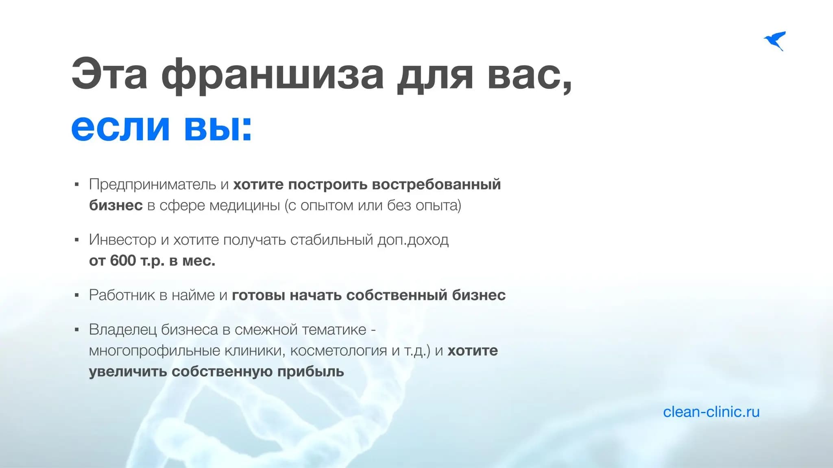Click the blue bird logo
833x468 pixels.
(x=775, y=41)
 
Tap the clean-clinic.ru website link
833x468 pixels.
(x=711, y=412)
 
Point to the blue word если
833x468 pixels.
(x=120, y=128)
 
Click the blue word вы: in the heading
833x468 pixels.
(x=218, y=128)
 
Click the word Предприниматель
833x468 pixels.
(x=153, y=185)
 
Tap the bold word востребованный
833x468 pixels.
(x=436, y=185)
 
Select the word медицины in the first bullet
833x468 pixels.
(x=244, y=206)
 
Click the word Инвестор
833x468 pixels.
(x=122, y=240)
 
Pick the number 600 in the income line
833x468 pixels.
(x=122, y=261)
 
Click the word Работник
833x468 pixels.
(x=122, y=295)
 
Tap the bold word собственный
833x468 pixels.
(x=397, y=295)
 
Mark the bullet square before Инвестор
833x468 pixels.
(x=77, y=240)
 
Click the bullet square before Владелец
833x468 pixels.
(x=77, y=330)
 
